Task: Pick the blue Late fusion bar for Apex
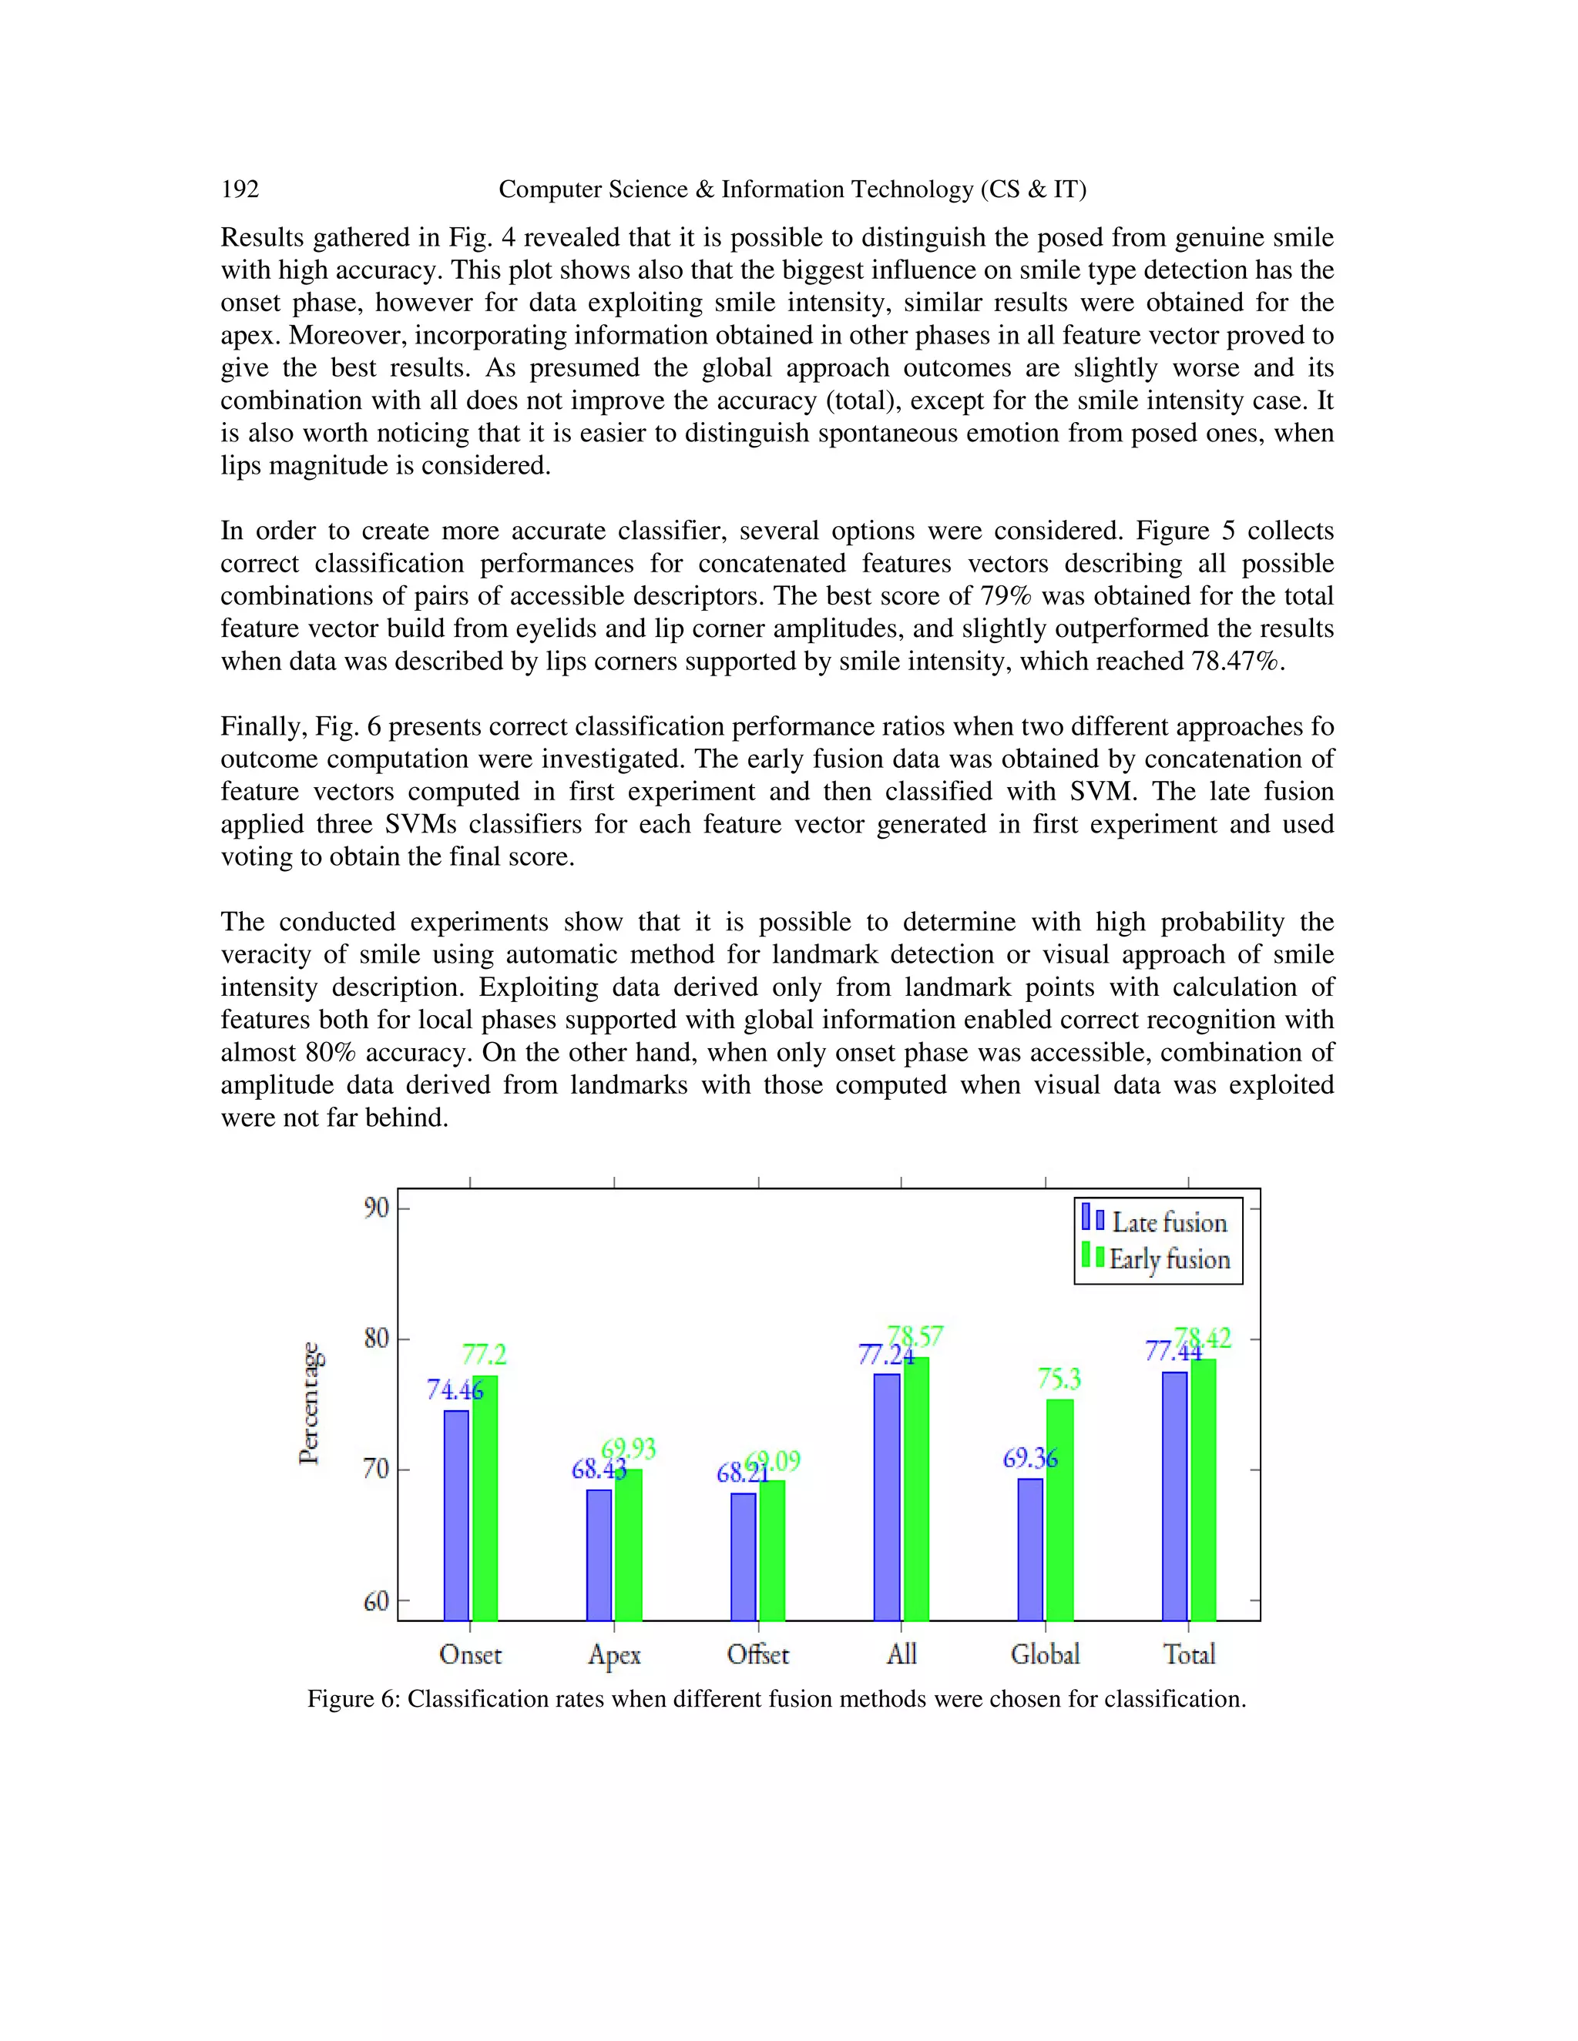[599, 1554]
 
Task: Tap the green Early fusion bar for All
[916, 1488]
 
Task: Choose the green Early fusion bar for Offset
[772, 1550]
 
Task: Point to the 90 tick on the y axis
[376, 1208]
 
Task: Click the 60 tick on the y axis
[376, 1602]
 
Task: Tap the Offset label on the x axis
[757, 1655]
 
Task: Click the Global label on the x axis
[1044, 1655]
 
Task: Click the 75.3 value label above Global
[1059, 1379]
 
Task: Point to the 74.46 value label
[455, 1390]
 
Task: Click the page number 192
[240, 189]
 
